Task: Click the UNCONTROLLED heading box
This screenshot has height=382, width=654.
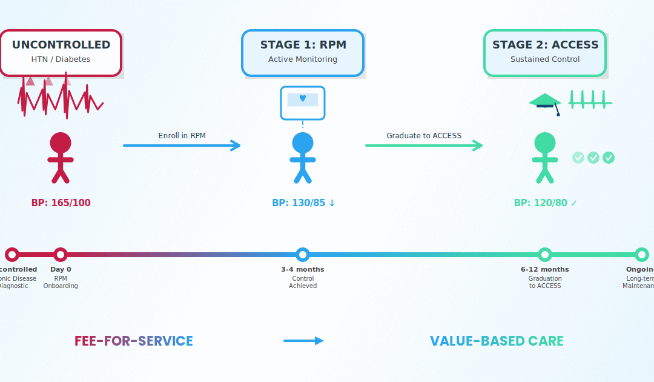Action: [61, 53]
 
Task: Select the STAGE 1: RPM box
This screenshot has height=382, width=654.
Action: [303, 53]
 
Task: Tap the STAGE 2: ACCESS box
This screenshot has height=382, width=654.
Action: [545, 53]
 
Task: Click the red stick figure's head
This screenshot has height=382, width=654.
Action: [61, 143]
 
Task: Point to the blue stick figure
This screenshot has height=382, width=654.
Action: [303, 158]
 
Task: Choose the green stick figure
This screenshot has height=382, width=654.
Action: [545, 158]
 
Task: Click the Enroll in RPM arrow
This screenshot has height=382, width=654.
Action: [182, 146]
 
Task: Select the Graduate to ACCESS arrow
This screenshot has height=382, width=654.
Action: [424, 146]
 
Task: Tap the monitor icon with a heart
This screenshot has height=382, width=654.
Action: [303, 102]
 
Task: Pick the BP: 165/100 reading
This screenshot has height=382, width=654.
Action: [61, 203]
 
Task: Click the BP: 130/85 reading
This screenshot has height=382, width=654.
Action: [303, 203]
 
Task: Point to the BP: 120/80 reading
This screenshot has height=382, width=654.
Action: [545, 203]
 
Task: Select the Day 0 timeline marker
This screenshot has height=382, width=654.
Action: [61, 255]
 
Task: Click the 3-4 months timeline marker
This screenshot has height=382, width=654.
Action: [303, 255]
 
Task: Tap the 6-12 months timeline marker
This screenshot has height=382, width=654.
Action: [545, 255]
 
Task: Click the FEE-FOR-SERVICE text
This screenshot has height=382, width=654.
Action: [134, 341]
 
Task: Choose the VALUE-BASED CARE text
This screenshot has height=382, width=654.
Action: [497, 341]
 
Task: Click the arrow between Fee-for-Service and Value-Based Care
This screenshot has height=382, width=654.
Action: [303, 341]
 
